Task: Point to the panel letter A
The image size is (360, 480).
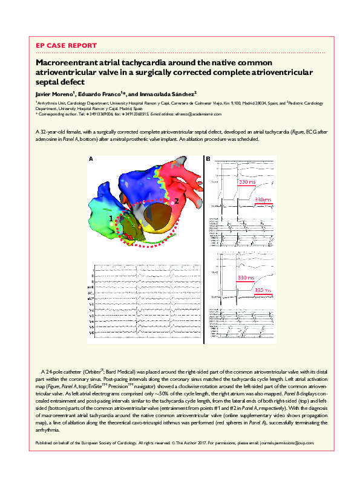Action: coord(91,160)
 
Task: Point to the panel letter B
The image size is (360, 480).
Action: coord(208,160)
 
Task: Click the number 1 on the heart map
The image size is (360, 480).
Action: coord(111,216)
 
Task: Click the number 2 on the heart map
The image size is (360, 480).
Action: coord(176,199)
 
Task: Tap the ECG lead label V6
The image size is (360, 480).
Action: coord(93,332)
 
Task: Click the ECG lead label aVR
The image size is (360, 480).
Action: coord(92,287)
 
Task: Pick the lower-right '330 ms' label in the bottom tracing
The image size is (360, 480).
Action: coord(263,290)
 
